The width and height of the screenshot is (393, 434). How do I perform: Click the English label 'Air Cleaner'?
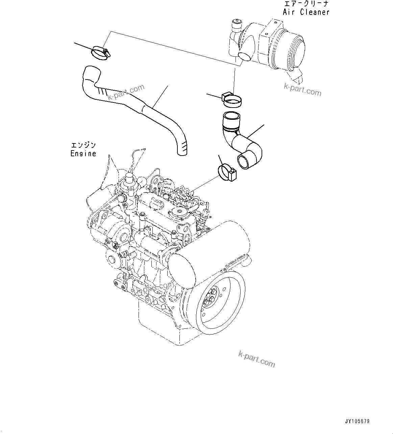tap(306, 12)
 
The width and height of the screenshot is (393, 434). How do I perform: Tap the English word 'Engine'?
tap(83, 153)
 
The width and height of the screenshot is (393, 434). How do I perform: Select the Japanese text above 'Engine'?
tap(83, 145)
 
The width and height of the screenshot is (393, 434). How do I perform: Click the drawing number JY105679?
tap(357, 421)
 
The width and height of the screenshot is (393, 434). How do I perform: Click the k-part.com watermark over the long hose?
tap(126, 92)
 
